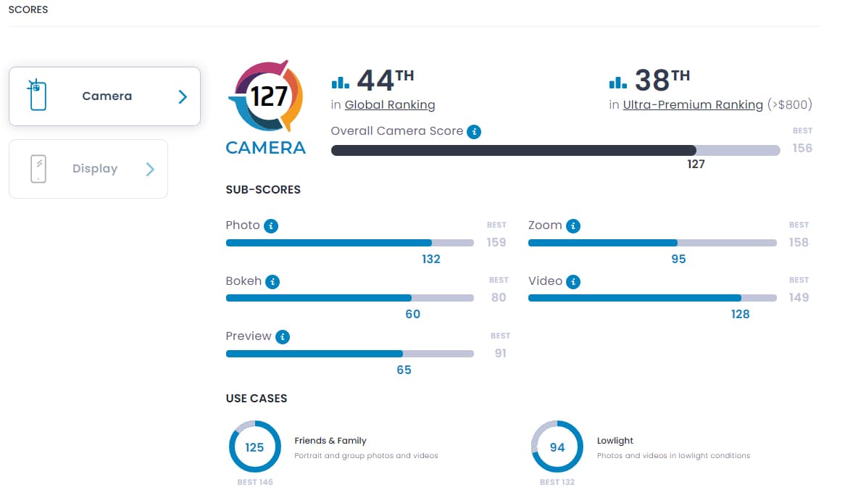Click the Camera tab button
point(104,96)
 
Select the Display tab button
point(88,169)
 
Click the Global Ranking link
point(390,105)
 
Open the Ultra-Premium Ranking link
point(693,105)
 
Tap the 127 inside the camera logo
point(269,96)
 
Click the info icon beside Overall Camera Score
point(474,131)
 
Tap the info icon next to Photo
point(271,225)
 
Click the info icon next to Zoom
point(573,225)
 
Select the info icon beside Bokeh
point(272,281)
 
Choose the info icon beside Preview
point(283,336)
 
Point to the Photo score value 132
point(431,259)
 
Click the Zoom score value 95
point(678,259)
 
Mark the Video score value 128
point(740,314)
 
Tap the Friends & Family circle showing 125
point(254,447)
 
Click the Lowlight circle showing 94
point(557,447)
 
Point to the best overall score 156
point(802,148)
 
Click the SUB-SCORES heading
point(263,190)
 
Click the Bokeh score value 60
point(412,314)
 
